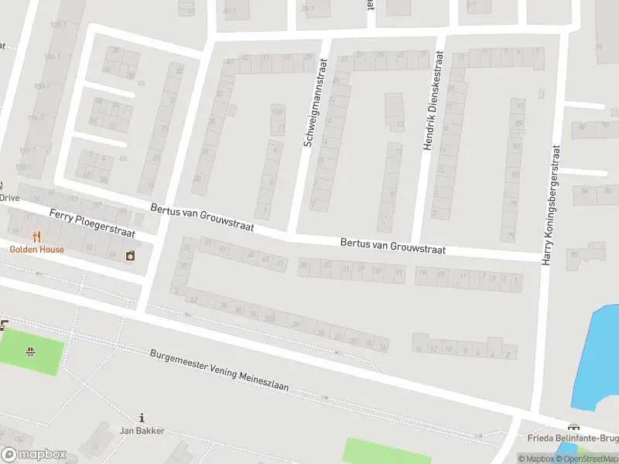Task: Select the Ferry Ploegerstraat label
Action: click(x=92, y=223)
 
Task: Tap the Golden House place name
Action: click(x=37, y=250)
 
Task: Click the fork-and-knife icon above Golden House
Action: click(x=36, y=237)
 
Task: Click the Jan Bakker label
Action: click(x=142, y=431)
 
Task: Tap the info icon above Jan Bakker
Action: click(x=141, y=417)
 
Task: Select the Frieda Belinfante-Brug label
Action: click(x=573, y=438)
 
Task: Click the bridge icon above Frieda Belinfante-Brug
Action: click(x=573, y=427)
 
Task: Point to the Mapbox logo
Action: click(x=34, y=455)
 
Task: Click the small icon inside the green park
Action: click(x=30, y=353)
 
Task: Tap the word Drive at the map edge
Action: click(x=9, y=197)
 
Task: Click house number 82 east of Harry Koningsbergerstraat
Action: click(x=573, y=254)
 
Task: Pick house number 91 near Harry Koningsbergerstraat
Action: click(x=520, y=105)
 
